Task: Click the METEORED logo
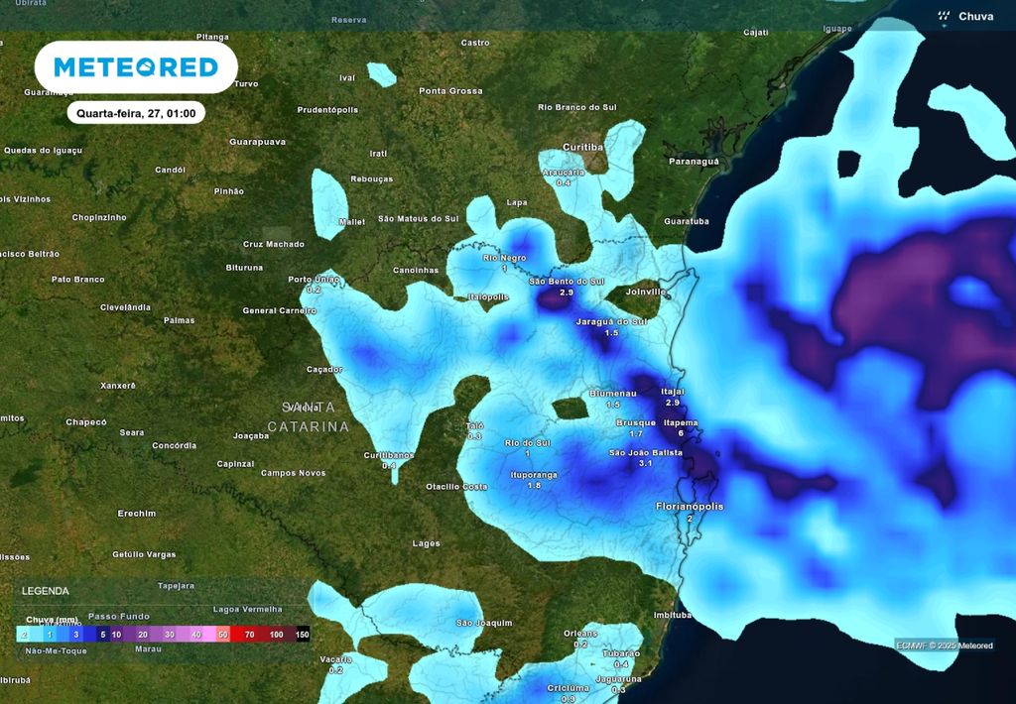136,67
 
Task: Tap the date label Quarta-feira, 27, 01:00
137,113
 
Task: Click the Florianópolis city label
690,507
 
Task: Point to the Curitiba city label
582,147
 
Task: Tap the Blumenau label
613,394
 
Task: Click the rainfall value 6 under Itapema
681,433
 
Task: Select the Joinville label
646,293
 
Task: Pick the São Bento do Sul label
567,282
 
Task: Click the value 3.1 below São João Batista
645,464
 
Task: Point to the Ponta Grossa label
450,91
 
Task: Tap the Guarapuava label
257,142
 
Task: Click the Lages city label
427,543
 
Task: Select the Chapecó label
86,422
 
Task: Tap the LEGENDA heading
46,590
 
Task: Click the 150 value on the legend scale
303,634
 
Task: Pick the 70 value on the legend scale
249,634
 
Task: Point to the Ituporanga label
534,475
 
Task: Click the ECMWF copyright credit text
944,645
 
